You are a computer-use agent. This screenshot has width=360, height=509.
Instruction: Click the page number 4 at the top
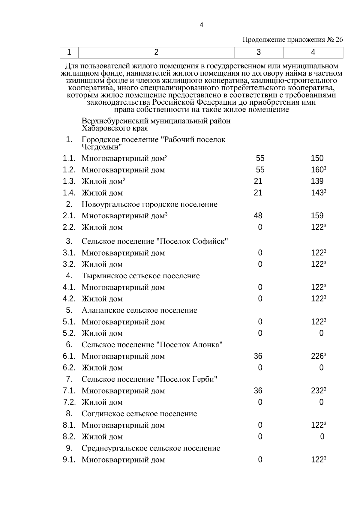coord(201,25)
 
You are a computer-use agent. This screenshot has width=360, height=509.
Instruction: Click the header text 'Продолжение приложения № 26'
coord(292,40)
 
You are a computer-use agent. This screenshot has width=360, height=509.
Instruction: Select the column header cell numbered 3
coord(259,52)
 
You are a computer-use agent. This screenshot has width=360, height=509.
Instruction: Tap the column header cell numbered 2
coord(156,52)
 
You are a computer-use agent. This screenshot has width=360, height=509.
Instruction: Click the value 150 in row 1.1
coord(317,158)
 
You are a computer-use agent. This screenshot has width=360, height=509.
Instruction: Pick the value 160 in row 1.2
coord(317,170)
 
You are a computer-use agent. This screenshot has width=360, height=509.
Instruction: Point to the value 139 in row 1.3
coord(317,181)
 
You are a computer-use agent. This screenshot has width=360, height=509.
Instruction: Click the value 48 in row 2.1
coord(258,216)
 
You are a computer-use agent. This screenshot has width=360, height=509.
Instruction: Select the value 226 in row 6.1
coord(317,356)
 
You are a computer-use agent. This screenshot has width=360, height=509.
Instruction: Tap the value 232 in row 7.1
coord(317,391)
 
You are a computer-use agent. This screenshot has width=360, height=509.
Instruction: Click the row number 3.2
coord(69,264)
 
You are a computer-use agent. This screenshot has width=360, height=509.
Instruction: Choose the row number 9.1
coord(69,460)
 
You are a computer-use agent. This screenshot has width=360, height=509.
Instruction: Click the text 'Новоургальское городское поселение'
coord(149,205)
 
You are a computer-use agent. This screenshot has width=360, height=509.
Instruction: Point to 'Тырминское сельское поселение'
coord(140,276)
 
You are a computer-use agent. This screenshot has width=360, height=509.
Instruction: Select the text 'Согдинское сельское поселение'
coord(139,414)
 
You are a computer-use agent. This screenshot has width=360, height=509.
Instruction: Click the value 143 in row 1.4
coord(317,193)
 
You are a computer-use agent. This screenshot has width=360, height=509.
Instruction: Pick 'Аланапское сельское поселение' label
coord(139,310)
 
